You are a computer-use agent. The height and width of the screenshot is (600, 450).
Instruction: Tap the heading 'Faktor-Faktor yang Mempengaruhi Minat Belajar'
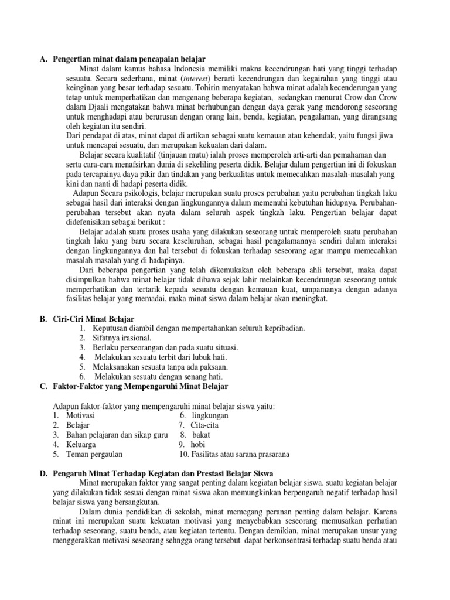click(141, 387)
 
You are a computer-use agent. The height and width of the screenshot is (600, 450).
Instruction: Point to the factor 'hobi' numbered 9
click(198, 444)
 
